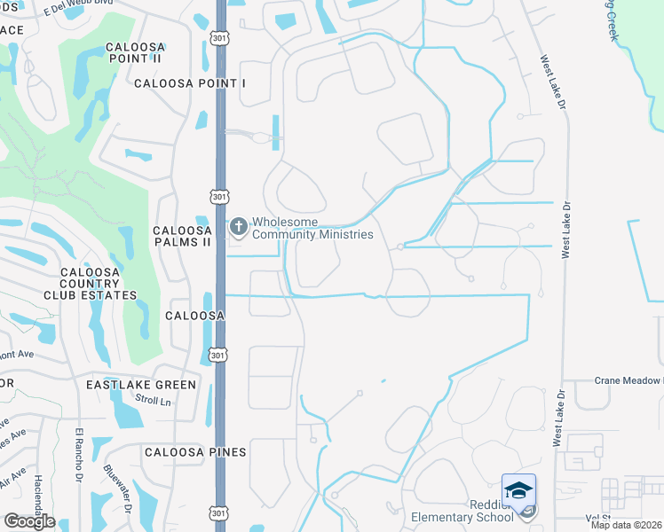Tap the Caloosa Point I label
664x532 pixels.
(x=189, y=83)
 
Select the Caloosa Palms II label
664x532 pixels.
(x=182, y=235)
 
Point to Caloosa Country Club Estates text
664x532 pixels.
(x=99, y=284)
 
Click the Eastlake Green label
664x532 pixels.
(x=141, y=385)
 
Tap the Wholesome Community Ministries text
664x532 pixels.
(x=312, y=229)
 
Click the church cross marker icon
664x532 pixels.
(x=238, y=228)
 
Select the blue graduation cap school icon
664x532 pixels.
(x=518, y=490)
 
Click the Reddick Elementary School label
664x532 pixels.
(x=462, y=511)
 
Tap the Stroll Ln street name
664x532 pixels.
(x=153, y=401)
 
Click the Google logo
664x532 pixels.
(x=29, y=521)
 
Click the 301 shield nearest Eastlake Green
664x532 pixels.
(x=219, y=355)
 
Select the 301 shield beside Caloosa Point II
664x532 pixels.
(x=219, y=36)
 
